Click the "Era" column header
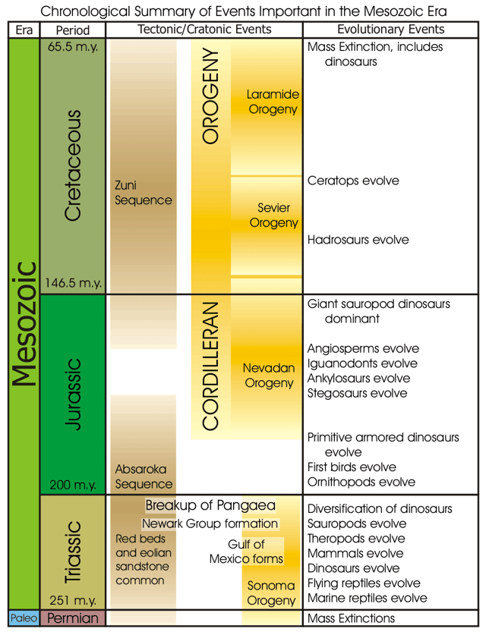pyautogui.click(x=24, y=30)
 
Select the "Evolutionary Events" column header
pyautogui.click(x=391, y=29)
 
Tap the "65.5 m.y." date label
pyautogui.click(x=73, y=46)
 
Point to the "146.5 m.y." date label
pyautogui.click(x=73, y=283)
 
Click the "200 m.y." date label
pyautogui.click(x=73, y=484)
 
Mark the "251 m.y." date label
pyautogui.click(x=73, y=600)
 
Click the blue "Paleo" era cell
pyautogui.click(x=24, y=618)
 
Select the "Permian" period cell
pyautogui.click(x=73, y=618)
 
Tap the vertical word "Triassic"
pyautogui.click(x=74, y=552)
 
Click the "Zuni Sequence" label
pyautogui.click(x=144, y=193)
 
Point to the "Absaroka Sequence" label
pyautogui.click(x=144, y=476)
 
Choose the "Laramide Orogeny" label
pyautogui.click(x=273, y=102)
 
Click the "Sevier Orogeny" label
pyautogui.click(x=274, y=215)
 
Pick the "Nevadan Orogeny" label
pyautogui.click(x=269, y=376)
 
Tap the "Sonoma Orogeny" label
pyautogui.click(x=271, y=593)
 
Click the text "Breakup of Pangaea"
pyautogui.click(x=210, y=505)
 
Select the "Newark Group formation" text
pyautogui.click(x=210, y=523)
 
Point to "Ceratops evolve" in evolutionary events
pyautogui.click(x=353, y=181)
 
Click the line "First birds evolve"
pyautogui.click(x=352, y=467)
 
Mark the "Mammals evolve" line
pyautogui.click(x=355, y=553)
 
